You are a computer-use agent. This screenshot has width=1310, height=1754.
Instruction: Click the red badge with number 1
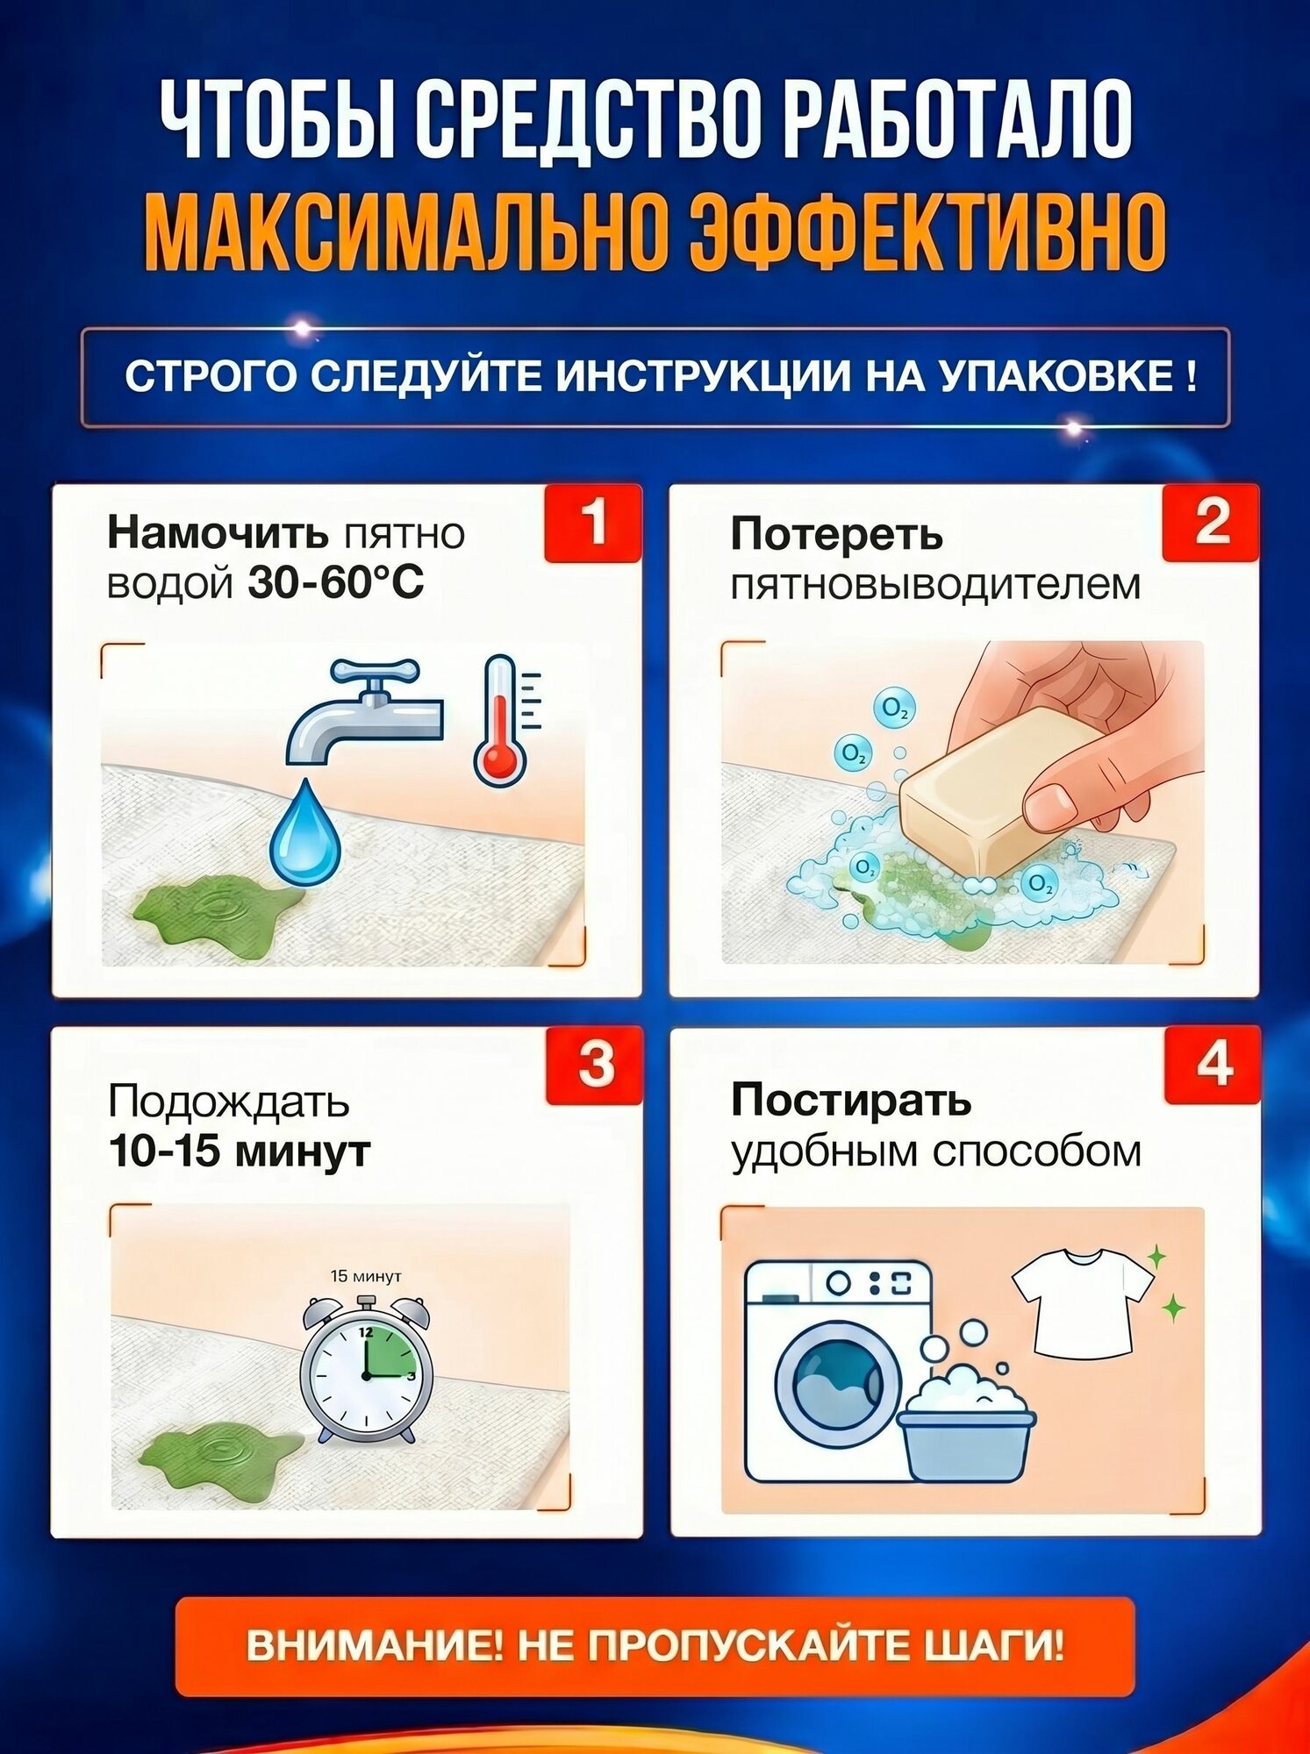tap(593, 523)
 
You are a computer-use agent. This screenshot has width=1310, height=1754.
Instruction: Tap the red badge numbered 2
tap(1211, 523)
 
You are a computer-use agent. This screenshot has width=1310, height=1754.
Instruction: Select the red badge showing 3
tap(595, 1066)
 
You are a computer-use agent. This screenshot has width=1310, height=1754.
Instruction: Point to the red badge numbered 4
tap(1213, 1066)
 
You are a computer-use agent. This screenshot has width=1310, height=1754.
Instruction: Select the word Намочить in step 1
tap(218, 533)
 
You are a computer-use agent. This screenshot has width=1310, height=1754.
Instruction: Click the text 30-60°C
tap(336, 582)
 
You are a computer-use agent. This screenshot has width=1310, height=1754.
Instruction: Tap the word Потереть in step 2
tap(836, 534)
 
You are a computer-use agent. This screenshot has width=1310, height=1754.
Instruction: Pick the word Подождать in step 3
tap(229, 1102)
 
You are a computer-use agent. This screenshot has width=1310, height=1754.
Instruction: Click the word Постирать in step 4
tap(851, 1100)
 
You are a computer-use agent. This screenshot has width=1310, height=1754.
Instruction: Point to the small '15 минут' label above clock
tap(366, 1276)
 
